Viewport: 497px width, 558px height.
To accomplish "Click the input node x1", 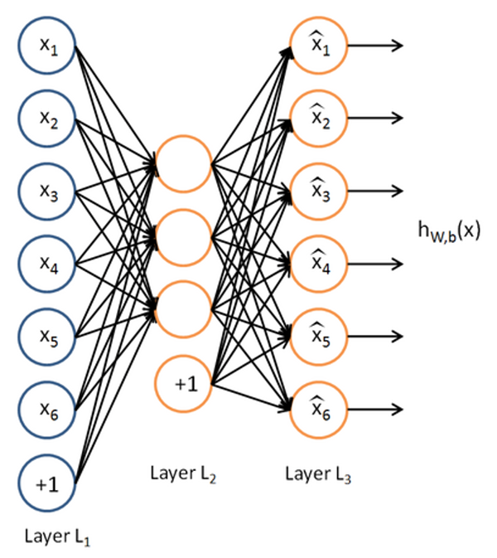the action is [47, 46].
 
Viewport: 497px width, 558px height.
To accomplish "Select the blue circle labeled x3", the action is [47, 192].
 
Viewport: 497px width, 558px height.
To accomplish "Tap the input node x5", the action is [47, 337].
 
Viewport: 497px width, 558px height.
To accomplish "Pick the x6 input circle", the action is [47, 410].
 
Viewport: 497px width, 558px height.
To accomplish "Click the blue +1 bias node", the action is [47, 483].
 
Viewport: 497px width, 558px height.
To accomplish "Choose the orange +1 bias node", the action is [183, 384].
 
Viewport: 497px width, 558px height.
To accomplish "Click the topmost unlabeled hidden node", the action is [183, 163].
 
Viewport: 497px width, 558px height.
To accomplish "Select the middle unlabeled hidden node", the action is [183, 237].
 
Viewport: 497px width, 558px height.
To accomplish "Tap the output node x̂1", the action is [319, 46].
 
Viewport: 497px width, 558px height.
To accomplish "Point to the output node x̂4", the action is [319, 264].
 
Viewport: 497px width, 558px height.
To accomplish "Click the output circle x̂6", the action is [319, 410].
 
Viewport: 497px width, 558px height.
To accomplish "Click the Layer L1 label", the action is [58, 537].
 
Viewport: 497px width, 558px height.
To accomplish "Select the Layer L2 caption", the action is [183, 474].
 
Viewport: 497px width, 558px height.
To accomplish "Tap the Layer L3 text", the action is [318, 474].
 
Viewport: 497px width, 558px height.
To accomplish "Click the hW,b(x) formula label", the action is [449, 231].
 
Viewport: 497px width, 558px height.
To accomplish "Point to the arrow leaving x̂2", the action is [375, 118].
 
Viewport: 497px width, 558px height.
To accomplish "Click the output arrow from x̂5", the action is [375, 337].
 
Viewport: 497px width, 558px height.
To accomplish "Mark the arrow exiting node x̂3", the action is [375, 191].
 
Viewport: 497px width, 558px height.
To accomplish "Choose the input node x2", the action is [47, 119].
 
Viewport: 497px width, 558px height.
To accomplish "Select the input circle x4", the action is [47, 264].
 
